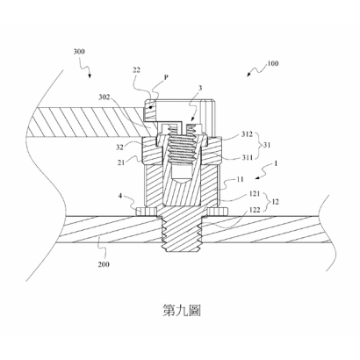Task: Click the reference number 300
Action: (x=79, y=52)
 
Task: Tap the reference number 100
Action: (x=273, y=63)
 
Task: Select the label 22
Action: (x=136, y=69)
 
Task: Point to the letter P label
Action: (x=166, y=77)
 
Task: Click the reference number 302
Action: (x=104, y=97)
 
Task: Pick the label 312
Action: (x=247, y=134)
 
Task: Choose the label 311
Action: (x=247, y=158)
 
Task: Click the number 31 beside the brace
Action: (x=267, y=145)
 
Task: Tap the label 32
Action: (x=119, y=147)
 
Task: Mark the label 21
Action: (x=121, y=162)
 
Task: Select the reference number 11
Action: (x=240, y=179)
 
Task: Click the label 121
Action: (x=255, y=193)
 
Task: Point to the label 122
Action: (x=255, y=210)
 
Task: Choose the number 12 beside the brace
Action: (x=275, y=202)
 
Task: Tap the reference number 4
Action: (x=120, y=196)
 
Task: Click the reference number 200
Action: (x=104, y=264)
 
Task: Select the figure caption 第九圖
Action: (x=182, y=311)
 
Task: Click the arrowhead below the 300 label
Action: (x=90, y=76)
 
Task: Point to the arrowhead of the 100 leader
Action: (x=248, y=75)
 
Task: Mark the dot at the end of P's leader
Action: (x=151, y=108)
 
